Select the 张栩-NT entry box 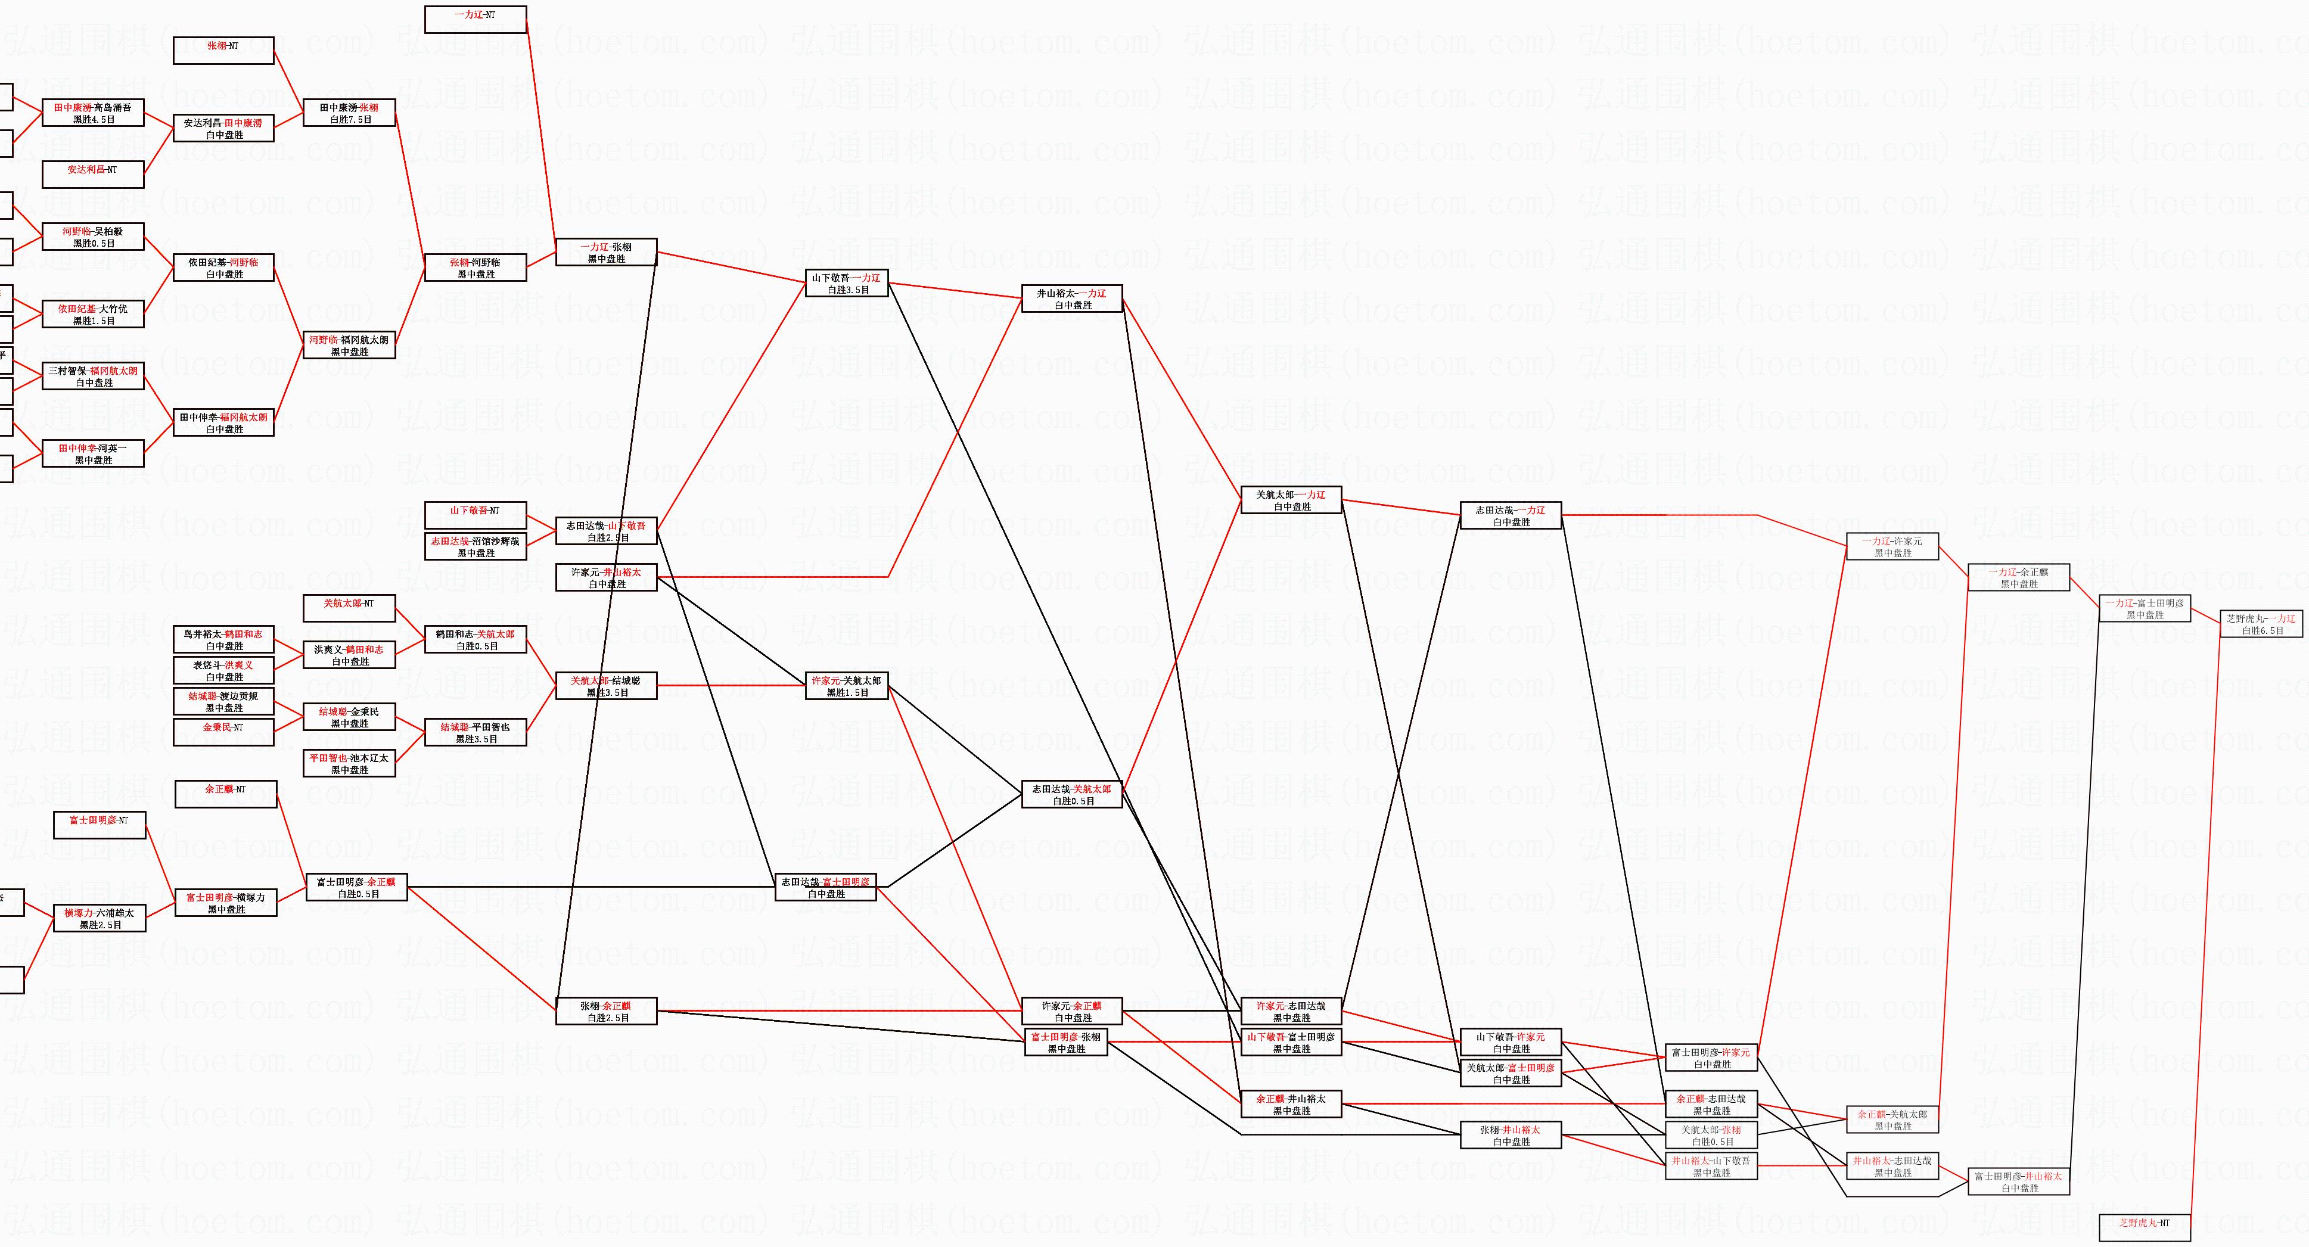(223, 50)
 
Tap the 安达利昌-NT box (92, 174)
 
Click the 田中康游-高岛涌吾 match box (92, 113)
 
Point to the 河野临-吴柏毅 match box (92, 237)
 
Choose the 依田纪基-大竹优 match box (92, 314)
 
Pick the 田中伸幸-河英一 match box (92, 453)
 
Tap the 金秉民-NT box (223, 732)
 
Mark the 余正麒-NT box (225, 794)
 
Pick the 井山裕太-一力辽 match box (1072, 298)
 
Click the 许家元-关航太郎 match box (846, 686)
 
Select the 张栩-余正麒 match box (606, 1011)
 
